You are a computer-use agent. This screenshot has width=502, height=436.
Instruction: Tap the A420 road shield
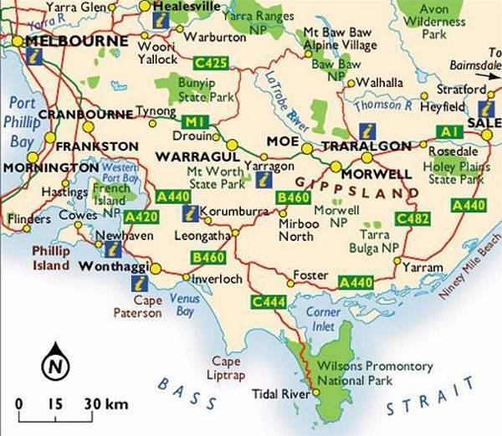click(141, 217)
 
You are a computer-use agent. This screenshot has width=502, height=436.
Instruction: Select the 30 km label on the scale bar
click(106, 404)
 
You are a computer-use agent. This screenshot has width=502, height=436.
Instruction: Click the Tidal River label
click(281, 393)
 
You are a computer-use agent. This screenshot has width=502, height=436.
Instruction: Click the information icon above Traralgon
click(366, 131)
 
